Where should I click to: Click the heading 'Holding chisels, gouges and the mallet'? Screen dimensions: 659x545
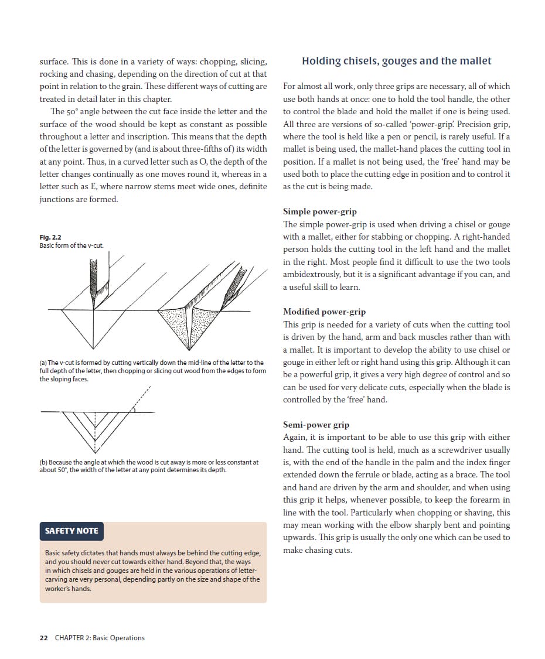point(396,61)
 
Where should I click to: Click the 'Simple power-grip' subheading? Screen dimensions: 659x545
point(319,211)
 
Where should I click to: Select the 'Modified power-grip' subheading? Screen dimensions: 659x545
point(324,312)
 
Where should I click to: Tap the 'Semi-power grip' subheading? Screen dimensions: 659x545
point(315,425)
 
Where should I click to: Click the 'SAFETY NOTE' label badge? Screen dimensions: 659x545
point(71,531)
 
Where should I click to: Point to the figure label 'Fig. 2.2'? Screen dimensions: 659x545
point(50,237)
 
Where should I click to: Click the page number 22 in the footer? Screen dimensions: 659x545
point(43,638)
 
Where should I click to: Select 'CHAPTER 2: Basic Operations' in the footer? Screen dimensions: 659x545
point(100,638)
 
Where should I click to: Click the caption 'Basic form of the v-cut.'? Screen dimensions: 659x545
point(71,245)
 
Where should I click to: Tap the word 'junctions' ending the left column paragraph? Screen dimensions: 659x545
point(57,199)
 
